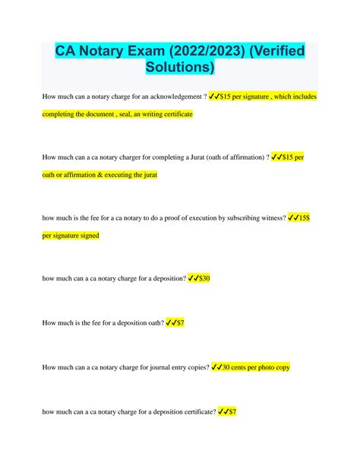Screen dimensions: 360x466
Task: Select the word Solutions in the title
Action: (180, 70)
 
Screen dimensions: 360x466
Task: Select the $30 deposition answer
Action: (203, 278)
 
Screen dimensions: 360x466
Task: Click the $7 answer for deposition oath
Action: (179, 322)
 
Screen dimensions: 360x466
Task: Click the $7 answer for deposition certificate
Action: (232, 411)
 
